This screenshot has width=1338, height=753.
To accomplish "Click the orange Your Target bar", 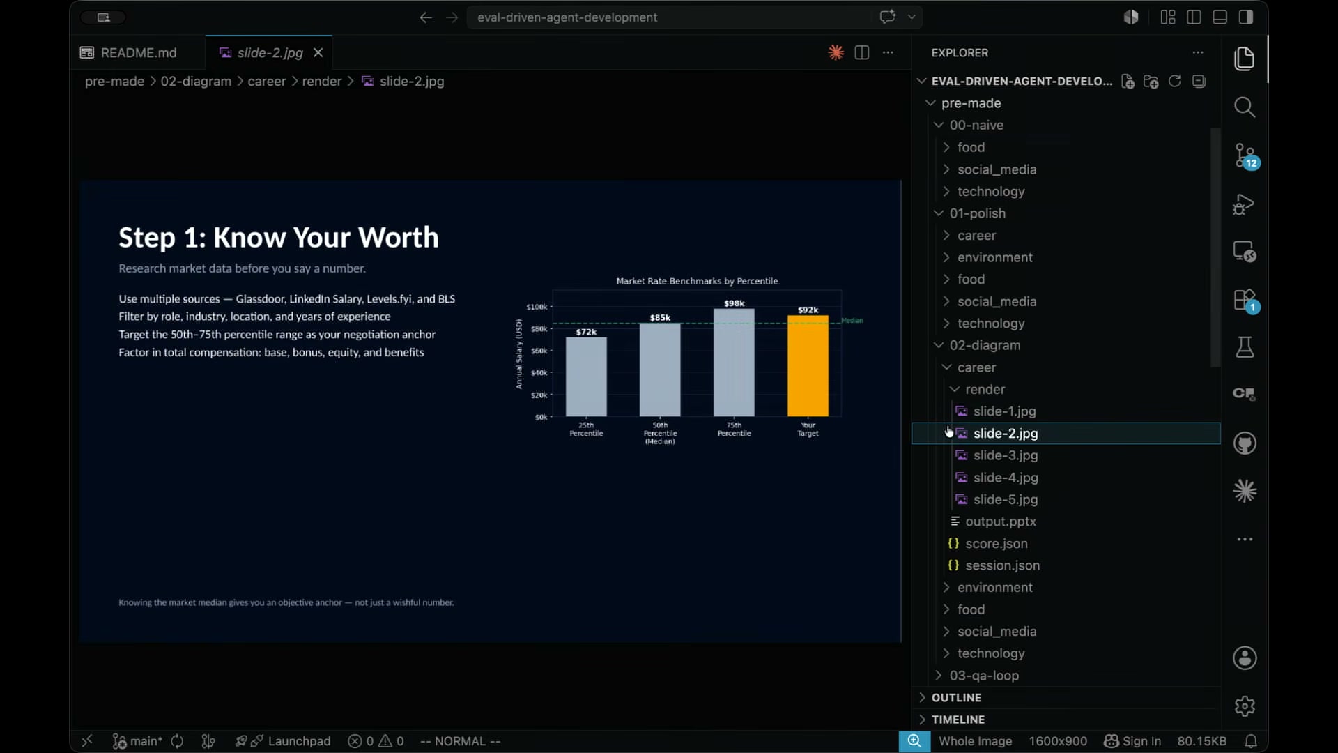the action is coord(808,366).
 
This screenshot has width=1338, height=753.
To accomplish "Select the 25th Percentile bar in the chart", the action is coord(586,376).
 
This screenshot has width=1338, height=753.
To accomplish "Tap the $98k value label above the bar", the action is coord(734,303).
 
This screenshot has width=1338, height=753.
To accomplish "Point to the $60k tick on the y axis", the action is coord(539,351).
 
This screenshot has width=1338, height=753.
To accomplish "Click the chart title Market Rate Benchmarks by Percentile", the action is coord(697,281).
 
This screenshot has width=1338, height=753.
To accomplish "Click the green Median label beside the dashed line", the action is coord(852,321).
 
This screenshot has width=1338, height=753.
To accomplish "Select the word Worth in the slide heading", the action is coord(399,238).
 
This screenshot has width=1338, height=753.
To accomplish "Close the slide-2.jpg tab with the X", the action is coord(318,53).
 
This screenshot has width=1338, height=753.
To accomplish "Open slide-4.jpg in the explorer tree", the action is coord(1006,478).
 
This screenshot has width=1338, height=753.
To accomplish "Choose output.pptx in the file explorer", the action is coord(1001,522).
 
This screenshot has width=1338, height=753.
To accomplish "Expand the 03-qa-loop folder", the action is coord(984,676).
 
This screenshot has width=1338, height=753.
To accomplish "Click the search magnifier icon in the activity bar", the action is coord(1245,107).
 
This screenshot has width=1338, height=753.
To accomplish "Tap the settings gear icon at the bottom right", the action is coord(1245,706).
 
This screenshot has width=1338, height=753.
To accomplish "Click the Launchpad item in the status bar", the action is coord(299,741).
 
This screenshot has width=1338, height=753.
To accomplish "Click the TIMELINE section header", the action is coord(958,720).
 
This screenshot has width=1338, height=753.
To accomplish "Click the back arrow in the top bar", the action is coord(426,17).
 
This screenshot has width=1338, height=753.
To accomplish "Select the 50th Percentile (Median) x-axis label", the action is coord(660,433).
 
